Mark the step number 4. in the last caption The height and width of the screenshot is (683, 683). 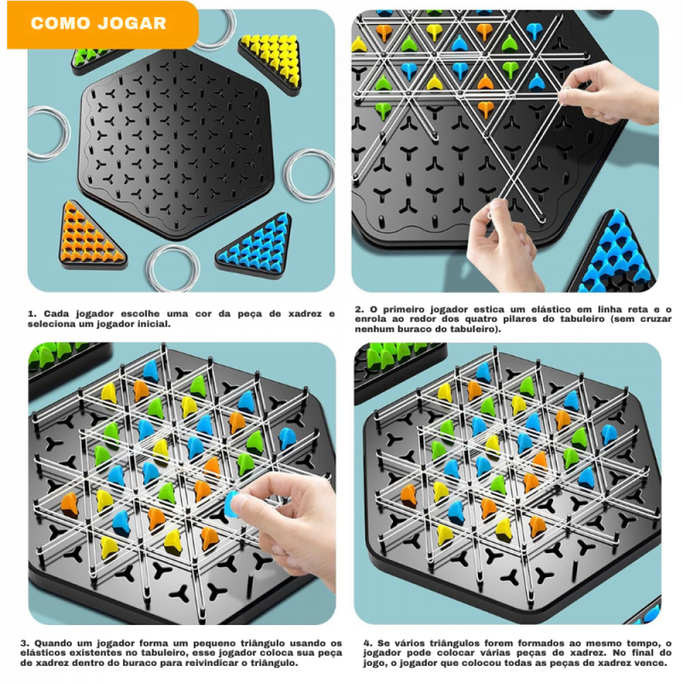tap(366, 643)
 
